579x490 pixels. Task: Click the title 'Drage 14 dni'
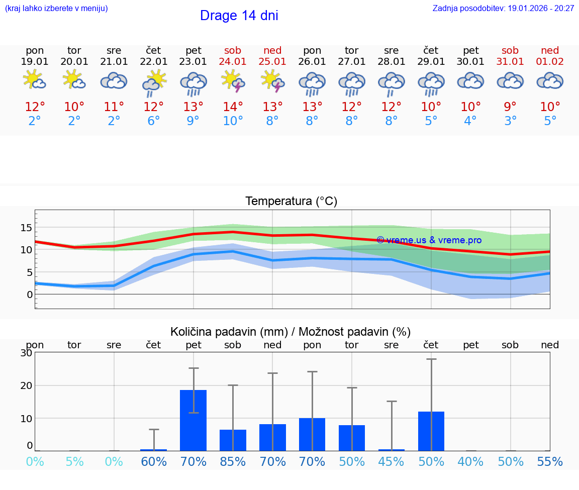[239, 16]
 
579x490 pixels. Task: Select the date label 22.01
[154, 61]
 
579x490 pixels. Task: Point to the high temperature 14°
[233, 107]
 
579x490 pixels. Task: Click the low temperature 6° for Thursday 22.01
[154, 121]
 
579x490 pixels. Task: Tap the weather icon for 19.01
[35, 80]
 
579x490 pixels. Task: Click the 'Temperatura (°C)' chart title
[291, 202]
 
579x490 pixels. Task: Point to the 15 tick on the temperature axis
[26, 228]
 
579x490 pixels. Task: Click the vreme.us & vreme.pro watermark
[429, 240]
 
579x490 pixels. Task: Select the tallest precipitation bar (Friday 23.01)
[194, 420]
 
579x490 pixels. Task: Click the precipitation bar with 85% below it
[233, 440]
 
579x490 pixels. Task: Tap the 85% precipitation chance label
[233, 461]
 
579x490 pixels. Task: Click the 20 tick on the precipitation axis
[26, 385]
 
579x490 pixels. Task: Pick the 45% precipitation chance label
[392, 461]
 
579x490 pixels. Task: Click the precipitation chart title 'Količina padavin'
[291, 332]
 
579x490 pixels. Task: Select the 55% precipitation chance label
[550, 461]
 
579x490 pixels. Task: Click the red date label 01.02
[550, 61]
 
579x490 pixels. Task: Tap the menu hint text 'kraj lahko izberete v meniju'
[56, 8]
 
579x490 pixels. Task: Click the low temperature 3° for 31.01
[511, 121]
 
